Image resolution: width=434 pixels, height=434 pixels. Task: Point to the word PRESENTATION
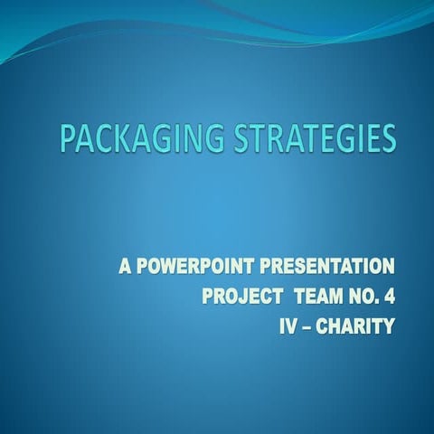click(x=327, y=267)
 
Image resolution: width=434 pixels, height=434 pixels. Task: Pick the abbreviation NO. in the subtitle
click(x=362, y=297)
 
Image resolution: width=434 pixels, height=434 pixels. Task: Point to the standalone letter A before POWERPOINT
click(x=125, y=267)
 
